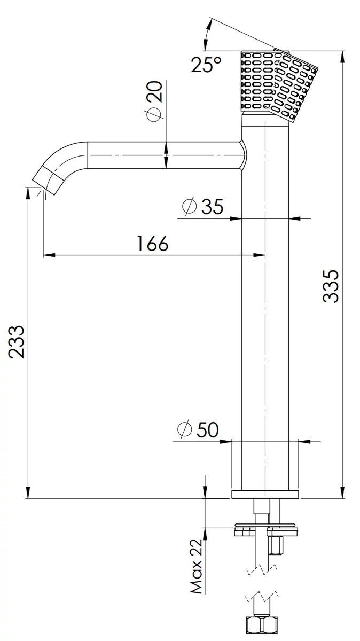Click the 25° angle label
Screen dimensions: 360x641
(206, 65)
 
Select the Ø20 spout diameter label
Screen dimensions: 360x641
(154, 101)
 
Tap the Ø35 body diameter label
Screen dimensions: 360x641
(202, 206)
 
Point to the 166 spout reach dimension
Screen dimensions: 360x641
(153, 243)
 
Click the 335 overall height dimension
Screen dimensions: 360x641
(331, 286)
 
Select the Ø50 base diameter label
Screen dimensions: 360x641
(198, 429)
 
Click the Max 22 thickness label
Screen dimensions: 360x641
(197, 567)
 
